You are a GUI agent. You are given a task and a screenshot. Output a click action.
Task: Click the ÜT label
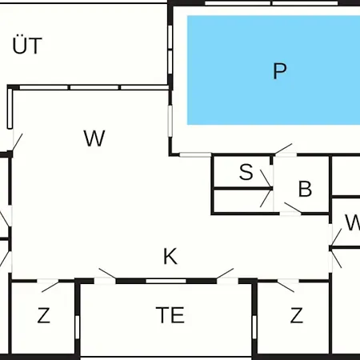point(27,45)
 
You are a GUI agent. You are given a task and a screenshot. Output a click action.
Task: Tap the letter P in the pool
point(280,71)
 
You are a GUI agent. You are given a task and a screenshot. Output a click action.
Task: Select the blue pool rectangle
point(274,70)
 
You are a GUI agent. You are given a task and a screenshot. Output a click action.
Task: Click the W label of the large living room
point(94,138)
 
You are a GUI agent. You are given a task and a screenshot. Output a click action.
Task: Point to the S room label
point(246,172)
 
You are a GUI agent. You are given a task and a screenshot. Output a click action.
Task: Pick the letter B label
point(305,189)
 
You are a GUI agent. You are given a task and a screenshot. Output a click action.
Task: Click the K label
point(170,256)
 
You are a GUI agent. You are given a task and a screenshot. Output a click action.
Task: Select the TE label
point(170,315)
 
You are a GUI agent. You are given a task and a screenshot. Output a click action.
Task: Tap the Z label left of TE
point(44,315)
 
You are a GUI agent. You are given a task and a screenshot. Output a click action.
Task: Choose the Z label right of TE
point(297,315)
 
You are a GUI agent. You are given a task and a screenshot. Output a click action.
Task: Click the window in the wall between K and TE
point(166,281)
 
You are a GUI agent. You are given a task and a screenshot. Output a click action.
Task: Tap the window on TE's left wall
point(78,327)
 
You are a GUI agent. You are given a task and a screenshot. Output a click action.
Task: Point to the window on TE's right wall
point(254,327)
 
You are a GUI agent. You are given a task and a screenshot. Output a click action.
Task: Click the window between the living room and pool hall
point(170,122)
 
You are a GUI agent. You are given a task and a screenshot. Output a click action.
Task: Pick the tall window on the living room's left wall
point(10,109)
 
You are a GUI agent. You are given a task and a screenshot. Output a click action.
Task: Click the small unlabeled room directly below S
point(243,202)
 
